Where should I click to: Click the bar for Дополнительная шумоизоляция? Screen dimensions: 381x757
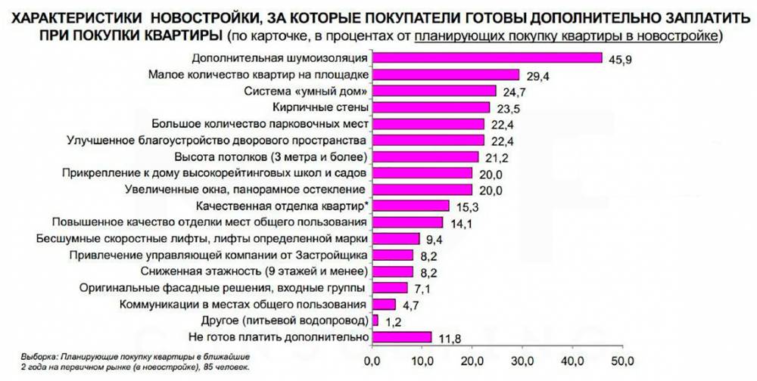tap(486, 58)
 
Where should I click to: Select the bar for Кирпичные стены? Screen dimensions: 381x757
tap(430, 107)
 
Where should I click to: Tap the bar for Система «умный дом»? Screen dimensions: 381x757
tap(433, 91)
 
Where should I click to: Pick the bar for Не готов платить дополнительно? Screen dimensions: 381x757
tap(400, 336)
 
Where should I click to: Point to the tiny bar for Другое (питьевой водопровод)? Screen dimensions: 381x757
tap(375, 321)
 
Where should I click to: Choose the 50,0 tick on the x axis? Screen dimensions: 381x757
tap(622, 359)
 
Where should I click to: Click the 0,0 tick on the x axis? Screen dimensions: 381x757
tap(372, 359)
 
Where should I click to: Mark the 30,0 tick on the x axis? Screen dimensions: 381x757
tap(522, 359)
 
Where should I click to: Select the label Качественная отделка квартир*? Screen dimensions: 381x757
tap(282, 206)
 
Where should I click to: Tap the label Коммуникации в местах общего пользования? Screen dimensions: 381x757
tap(245, 304)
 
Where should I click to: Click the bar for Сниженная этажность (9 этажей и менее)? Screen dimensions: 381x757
tap(392, 271)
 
